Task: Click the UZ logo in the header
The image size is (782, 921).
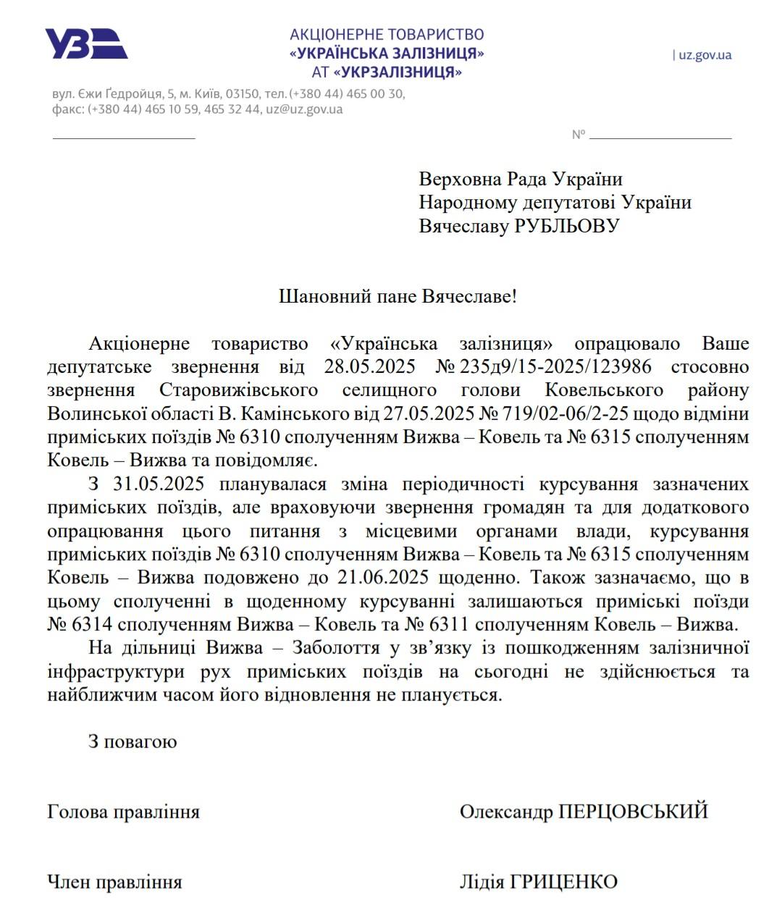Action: (x=86, y=43)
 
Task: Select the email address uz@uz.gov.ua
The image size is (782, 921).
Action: (x=304, y=109)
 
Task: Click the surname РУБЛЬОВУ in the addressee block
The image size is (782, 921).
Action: (x=567, y=226)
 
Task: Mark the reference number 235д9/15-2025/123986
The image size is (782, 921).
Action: (x=555, y=366)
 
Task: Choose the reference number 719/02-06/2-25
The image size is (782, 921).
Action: (x=570, y=413)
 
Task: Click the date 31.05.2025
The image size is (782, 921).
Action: (x=159, y=484)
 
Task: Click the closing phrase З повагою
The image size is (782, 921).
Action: (x=133, y=741)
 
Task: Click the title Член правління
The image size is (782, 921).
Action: (x=114, y=882)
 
